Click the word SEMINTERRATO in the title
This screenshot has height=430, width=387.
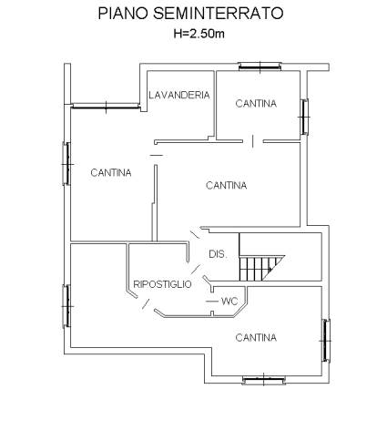coord(219,14)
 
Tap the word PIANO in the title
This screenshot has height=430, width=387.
coord(123,14)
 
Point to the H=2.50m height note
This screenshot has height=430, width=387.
coord(199,34)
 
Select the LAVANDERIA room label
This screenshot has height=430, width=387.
coord(179,95)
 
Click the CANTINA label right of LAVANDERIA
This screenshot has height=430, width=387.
coord(256,104)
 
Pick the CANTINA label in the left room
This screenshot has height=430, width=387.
coord(111,173)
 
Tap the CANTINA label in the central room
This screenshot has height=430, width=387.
coord(226,185)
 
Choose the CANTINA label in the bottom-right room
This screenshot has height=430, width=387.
coord(256,337)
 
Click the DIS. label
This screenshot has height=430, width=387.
coord(218,254)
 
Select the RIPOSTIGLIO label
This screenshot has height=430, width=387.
coord(162,284)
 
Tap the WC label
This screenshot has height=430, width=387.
coord(229,302)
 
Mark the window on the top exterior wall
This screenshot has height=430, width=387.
coord(260,67)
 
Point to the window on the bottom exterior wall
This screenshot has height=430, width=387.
coord(264,380)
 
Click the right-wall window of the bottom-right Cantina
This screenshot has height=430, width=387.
coord(326,341)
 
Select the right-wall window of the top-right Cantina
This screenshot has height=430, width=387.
coord(304,117)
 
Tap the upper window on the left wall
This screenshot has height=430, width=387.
coord(66,164)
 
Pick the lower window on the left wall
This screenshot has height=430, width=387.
coord(66,306)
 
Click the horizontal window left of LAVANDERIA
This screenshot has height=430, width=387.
coord(107,106)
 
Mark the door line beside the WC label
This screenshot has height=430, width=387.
coord(212,302)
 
